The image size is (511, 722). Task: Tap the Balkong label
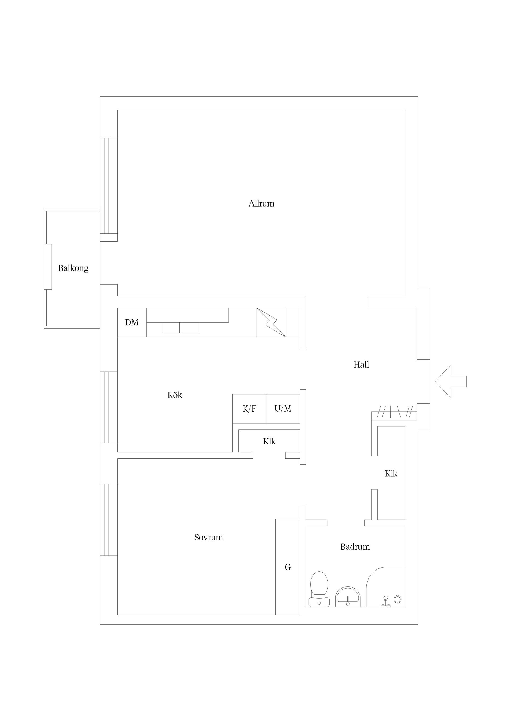73,268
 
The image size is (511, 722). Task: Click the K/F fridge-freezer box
249,409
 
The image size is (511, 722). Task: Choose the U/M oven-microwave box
283,409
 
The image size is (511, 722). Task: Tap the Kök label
175,395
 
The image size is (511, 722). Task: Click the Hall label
361,365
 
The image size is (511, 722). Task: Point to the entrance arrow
451,381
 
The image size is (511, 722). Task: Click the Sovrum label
208,538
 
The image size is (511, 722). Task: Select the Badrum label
355,547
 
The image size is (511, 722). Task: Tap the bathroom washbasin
348,596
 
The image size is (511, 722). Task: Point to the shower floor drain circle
398,599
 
